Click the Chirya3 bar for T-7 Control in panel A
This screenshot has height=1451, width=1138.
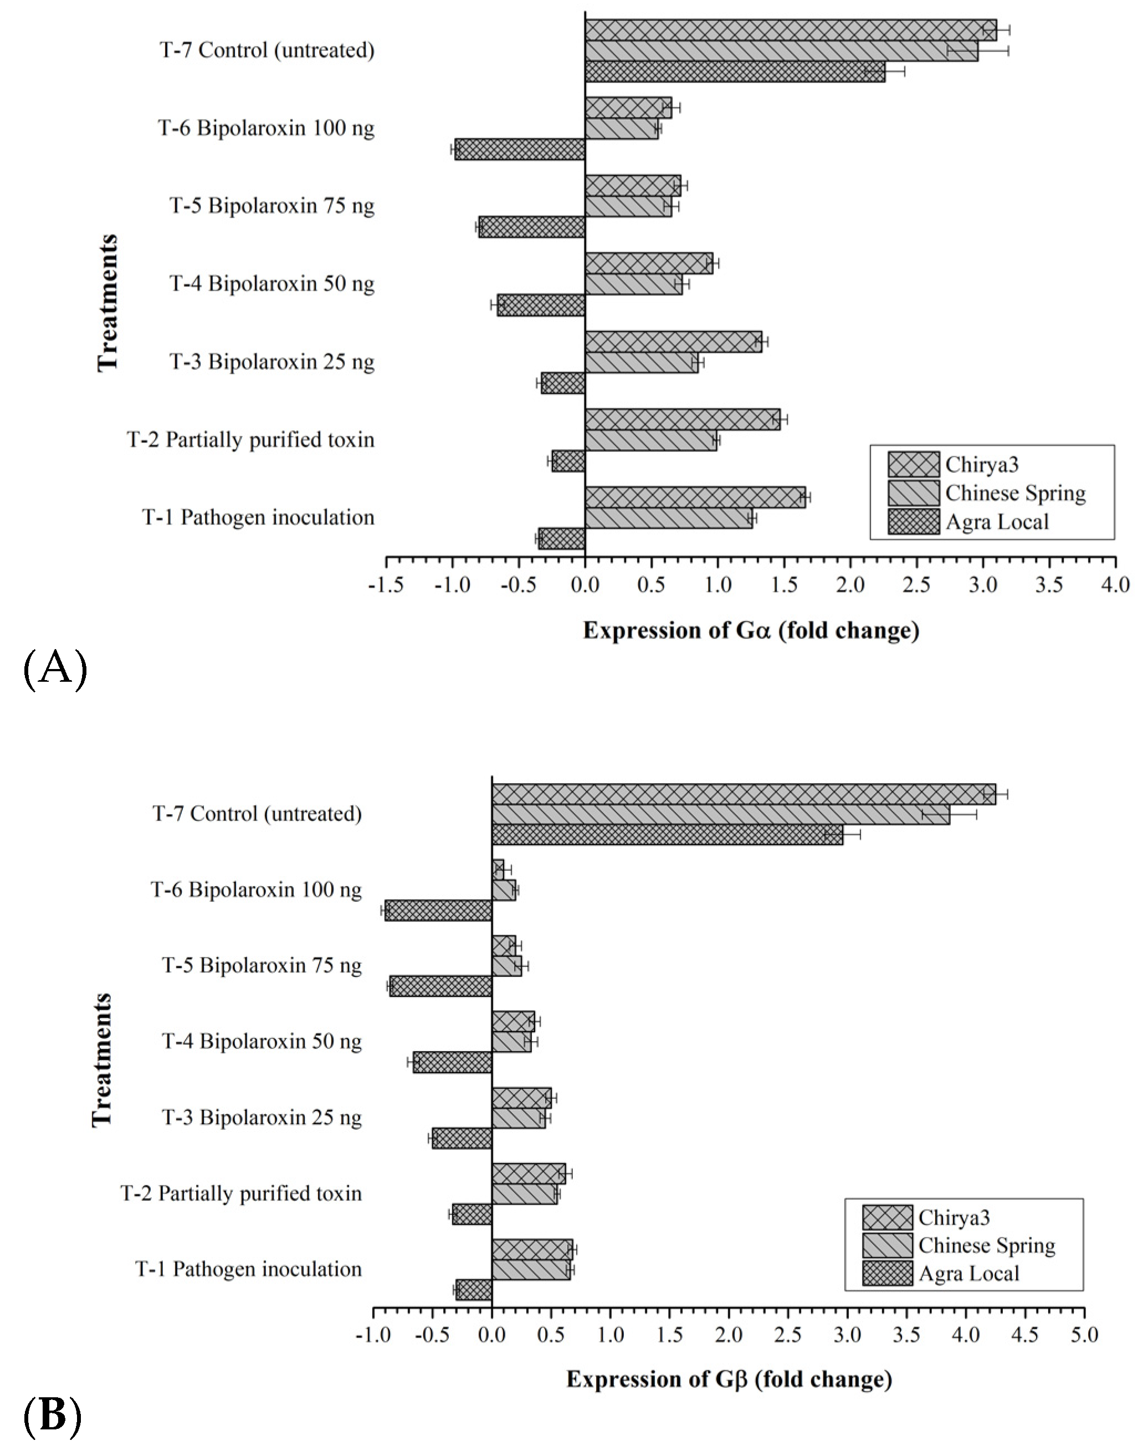790,30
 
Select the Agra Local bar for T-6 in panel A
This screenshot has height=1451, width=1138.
520,149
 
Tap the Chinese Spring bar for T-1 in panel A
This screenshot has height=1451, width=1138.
668,518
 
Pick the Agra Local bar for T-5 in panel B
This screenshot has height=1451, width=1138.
441,986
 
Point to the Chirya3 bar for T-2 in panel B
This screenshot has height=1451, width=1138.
529,1174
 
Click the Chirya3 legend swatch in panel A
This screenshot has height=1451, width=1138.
913,464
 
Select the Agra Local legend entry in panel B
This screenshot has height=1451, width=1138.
968,1274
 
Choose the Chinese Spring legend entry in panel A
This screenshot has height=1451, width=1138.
1015,493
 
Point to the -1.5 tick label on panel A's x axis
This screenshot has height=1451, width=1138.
386,586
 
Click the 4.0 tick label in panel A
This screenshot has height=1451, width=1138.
1116,586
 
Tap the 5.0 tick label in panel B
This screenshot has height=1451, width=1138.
1084,1335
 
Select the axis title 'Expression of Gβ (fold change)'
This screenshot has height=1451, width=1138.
729,1379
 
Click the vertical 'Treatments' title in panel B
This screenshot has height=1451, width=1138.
102,1060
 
